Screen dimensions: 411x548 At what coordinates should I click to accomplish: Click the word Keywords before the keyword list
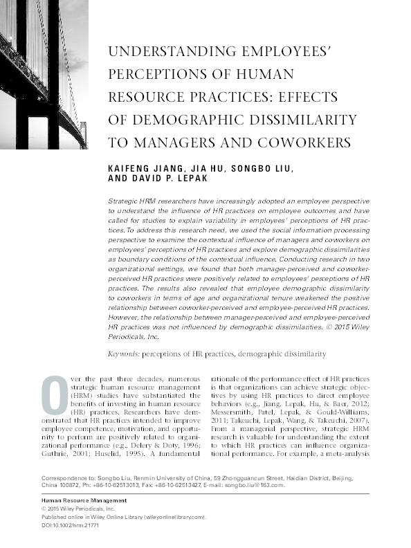[x=123, y=354]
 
